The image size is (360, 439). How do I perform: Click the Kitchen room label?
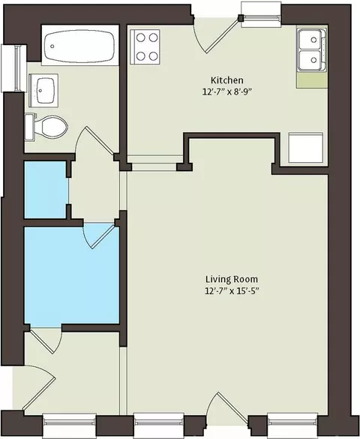[x=226, y=80]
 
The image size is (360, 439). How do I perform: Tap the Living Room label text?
[x=232, y=279]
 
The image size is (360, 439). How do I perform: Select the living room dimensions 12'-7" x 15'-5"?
[x=232, y=291]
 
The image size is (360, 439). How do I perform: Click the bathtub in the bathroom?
[x=80, y=47]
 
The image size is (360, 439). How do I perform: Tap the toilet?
[x=46, y=127]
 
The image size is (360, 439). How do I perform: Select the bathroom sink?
[x=43, y=90]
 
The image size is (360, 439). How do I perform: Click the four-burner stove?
[x=145, y=47]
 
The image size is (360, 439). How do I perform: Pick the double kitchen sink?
[x=311, y=50]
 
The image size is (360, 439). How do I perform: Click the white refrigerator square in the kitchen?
[x=306, y=148]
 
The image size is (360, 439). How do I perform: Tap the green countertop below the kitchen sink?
[x=312, y=80]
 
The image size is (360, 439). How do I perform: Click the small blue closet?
[x=46, y=190]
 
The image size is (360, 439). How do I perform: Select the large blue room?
[x=72, y=275]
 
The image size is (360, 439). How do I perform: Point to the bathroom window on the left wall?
[x=13, y=68]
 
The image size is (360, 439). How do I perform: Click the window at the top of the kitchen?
[x=261, y=14]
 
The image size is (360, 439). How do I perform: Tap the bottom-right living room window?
[x=292, y=425]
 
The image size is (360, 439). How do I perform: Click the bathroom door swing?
[x=94, y=140]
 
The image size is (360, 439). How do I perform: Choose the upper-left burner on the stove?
[x=140, y=38]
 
